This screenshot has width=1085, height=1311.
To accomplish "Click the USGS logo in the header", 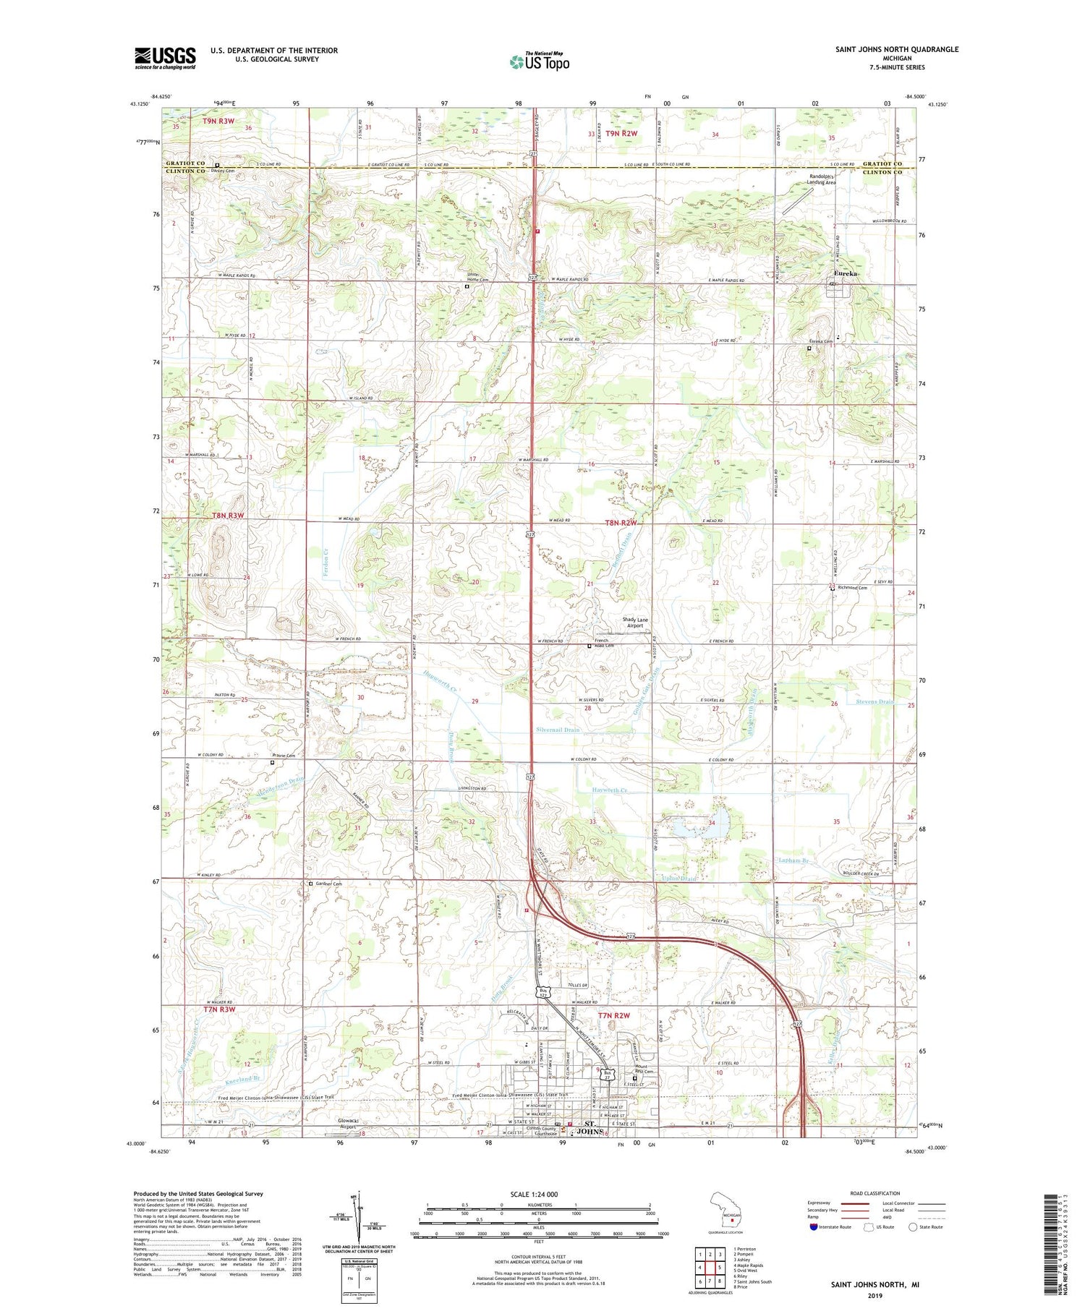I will pos(165,58).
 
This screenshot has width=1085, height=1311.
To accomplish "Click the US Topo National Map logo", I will pos(539,61).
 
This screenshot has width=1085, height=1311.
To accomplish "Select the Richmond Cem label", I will pos(852,588).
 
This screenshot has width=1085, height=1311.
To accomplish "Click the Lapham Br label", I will pos(793,861).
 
